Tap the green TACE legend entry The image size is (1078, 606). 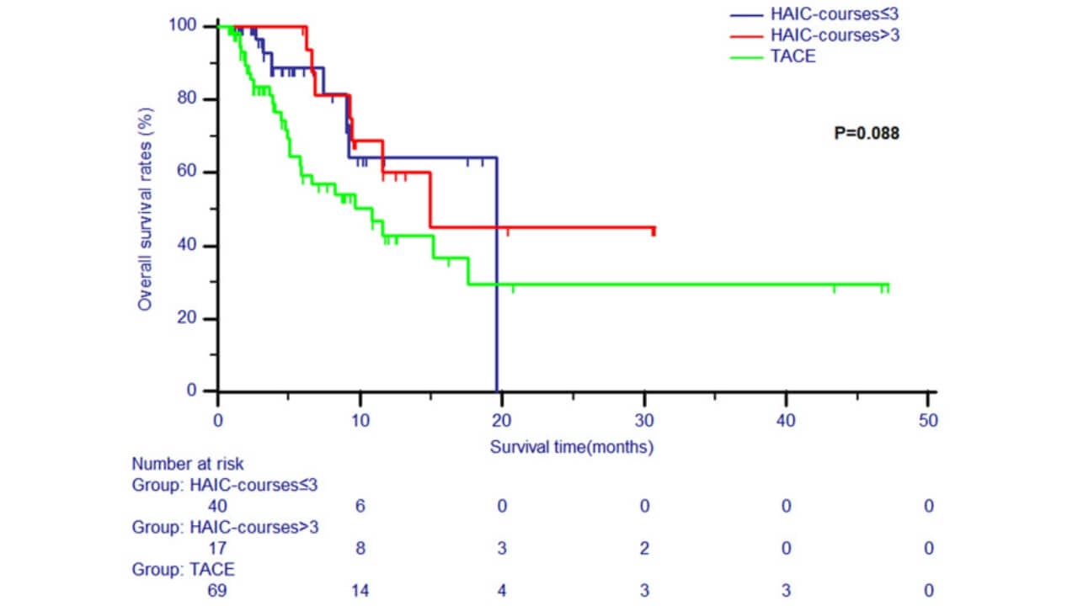[792, 56]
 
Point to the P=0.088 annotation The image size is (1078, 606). [866, 133]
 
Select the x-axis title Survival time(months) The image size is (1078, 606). [572, 446]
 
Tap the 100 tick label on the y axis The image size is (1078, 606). [188, 26]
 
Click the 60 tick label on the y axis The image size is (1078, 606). [192, 173]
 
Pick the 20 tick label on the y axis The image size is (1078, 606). [192, 319]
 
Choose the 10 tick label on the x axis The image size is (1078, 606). [360, 419]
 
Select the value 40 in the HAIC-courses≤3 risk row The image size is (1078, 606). [217, 506]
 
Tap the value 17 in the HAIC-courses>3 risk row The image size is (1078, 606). [217, 548]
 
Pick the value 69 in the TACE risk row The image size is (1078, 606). [217, 590]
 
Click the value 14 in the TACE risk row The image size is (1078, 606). [360, 590]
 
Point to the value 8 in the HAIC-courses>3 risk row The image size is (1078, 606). [360, 548]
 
